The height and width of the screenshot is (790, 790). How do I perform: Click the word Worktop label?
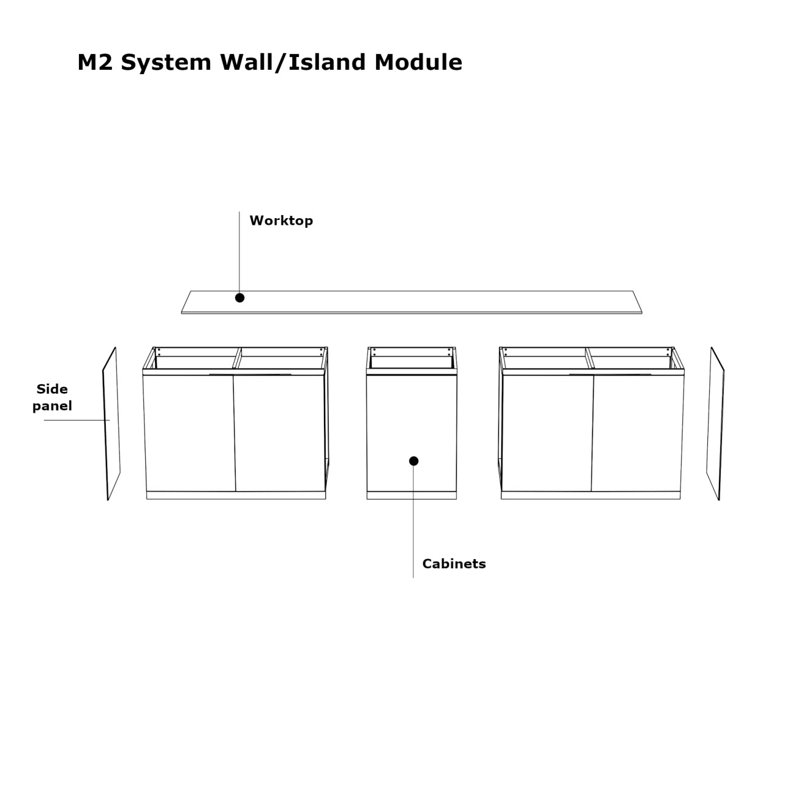coord(281,221)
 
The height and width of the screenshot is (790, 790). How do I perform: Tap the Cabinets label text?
coord(454,564)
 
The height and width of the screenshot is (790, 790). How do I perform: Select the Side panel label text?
coord(52,397)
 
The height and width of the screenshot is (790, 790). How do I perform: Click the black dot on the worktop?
coord(240,298)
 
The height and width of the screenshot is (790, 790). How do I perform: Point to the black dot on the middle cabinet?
coord(414,461)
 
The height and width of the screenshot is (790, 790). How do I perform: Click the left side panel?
coord(111,424)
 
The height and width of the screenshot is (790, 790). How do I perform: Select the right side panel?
coord(715,424)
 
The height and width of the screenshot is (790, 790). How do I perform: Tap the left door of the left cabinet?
coord(189,433)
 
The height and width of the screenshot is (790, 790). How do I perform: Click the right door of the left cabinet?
coord(280,433)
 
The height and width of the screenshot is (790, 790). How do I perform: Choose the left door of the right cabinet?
coord(548,433)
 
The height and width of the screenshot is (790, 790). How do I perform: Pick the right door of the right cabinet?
coord(638,433)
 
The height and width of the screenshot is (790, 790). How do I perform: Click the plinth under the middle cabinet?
coord(411,495)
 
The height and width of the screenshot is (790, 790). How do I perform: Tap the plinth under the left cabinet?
coord(236,495)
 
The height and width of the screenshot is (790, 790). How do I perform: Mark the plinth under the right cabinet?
coord(591,495)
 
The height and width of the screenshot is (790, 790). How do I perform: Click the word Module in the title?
coord(418,63)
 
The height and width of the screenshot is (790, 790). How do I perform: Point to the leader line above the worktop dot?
coord(239,253)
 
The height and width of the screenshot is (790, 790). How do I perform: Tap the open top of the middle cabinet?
coord(411,361)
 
